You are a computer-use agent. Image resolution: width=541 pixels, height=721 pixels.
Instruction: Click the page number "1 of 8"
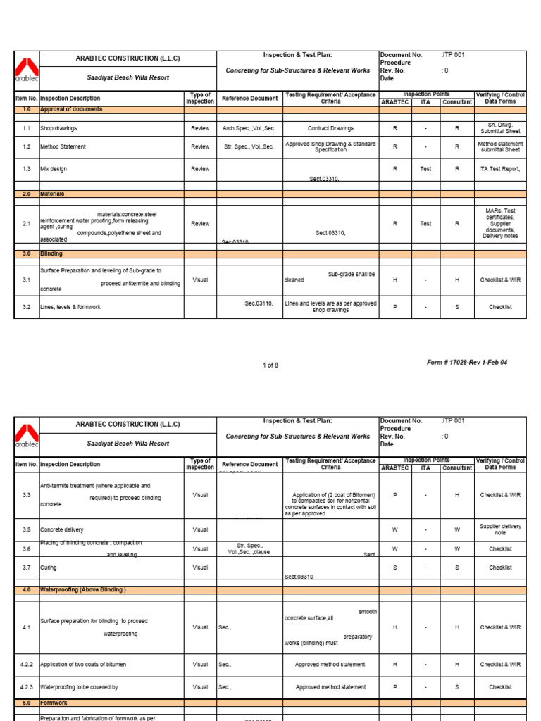click(x=270, y=365)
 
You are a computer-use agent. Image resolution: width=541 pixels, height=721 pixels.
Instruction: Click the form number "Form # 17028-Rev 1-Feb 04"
click(x=466, y=363)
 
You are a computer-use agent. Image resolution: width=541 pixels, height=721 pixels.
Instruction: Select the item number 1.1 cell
click(x=27, y=129)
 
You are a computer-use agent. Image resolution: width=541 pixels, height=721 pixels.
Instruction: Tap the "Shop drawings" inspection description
click(x=59, y=129)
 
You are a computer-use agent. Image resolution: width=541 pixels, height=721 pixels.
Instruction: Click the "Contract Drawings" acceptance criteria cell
click(x=331, y=129)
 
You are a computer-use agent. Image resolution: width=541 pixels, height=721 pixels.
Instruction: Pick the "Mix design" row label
click(x=54, y=169)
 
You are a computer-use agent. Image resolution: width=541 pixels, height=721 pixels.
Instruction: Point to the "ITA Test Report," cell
click(x=499, y=169)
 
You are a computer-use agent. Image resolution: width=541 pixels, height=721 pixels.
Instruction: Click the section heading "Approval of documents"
click(x=71, y=110)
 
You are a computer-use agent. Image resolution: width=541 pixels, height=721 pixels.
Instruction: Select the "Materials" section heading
click(x=52, y=194)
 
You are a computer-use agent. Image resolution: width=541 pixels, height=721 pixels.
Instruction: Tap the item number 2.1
click(x=27, y=224)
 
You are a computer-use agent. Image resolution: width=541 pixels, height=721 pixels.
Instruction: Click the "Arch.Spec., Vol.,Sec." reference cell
click(x=248, y=129)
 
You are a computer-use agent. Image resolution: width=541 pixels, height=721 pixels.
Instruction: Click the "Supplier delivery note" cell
click(x=500, y=529)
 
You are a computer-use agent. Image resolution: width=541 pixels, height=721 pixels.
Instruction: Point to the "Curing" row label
click(x=49, y=568)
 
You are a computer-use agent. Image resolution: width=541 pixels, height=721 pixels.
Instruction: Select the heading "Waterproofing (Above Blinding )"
click(x=83, y=590)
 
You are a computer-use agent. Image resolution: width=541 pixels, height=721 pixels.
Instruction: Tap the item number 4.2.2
click(x=27, y=665)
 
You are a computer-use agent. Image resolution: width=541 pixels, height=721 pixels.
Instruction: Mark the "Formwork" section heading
click(x=54, y=703)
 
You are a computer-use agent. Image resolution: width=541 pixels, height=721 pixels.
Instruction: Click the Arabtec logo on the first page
click(x=27, y=68)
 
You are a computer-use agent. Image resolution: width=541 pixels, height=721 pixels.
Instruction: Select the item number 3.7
click(x=27, y=568)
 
